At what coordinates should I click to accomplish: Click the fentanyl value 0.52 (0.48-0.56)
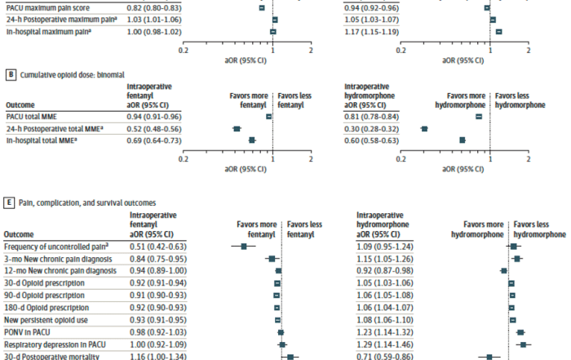[x=158, y=129]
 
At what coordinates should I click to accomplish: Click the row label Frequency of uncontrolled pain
[x=56, y=246]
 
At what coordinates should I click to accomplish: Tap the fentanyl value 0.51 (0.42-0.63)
[x=158, y=246]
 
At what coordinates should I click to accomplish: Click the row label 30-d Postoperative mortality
[x=52, y=357]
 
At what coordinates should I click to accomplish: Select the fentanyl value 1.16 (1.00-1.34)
[x=158, y=357]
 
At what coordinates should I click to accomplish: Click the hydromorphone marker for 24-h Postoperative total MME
[x=424, y=129]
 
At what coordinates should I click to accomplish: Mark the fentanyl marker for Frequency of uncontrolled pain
[x=243, y=246]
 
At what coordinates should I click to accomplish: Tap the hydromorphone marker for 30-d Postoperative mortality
[x=489, y=357]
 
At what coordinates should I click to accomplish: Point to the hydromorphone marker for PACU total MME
[x=479, y=117]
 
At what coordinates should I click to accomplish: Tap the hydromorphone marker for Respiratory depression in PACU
[x=522, y=344]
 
